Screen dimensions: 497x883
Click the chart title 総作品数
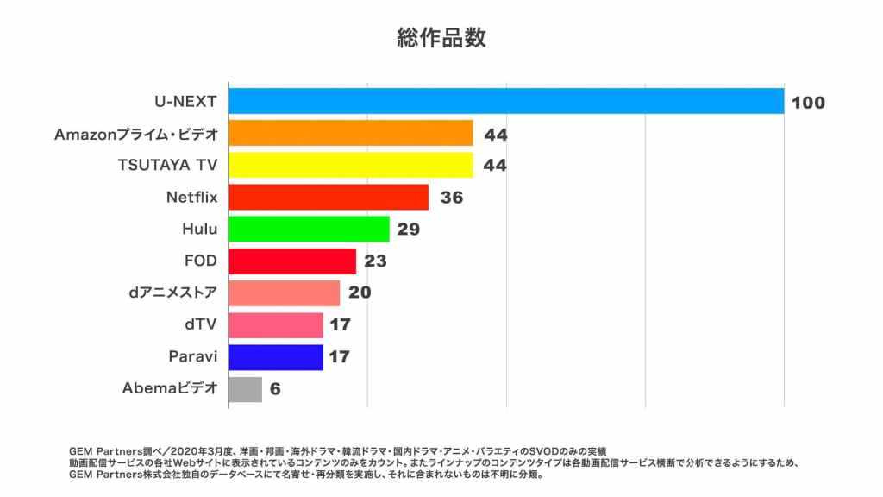click(441, 38)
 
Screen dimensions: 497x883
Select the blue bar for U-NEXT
click(505, 101)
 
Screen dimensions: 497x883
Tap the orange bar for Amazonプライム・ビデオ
click(350, 133)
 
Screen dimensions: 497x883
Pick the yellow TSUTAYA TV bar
click(350, 165)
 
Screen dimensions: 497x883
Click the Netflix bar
click(328, 197)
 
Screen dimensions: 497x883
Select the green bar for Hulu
click(309, 229)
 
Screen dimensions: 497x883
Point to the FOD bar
click(291, 261)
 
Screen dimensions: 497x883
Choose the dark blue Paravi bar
click(275, 357)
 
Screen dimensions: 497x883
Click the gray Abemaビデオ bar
click(245, 389)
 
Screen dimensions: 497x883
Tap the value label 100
click(808, 103)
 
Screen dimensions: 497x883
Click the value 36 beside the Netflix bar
click(452, 198)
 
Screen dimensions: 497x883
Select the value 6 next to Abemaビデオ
click(275, 390)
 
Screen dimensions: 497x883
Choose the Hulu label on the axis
click(199, 229)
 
